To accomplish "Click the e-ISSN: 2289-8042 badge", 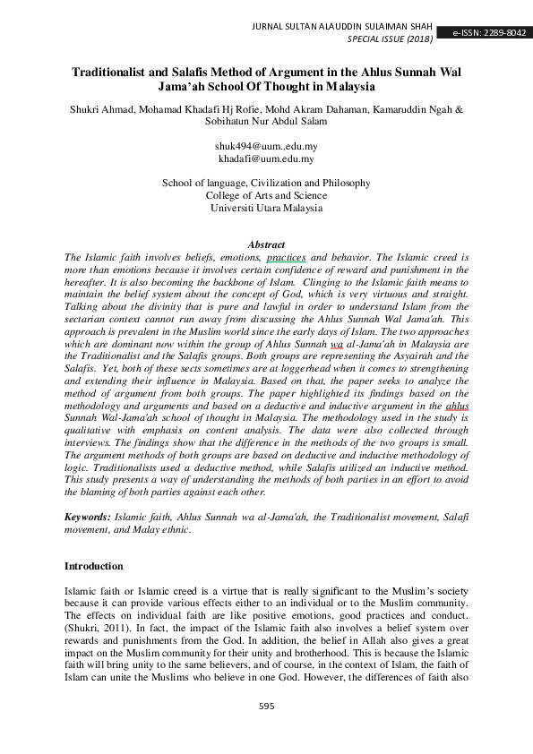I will tap(489, 33).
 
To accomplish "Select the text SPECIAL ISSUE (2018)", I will tap(390, 40).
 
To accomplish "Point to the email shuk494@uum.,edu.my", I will tap(266, 145).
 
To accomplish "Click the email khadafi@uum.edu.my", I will tap(265, 159).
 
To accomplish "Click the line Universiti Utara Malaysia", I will tap(266, 208).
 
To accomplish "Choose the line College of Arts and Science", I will tap(266, 195).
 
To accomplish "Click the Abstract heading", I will tap(266, 244).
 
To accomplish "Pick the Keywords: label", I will tap(89, 518).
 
